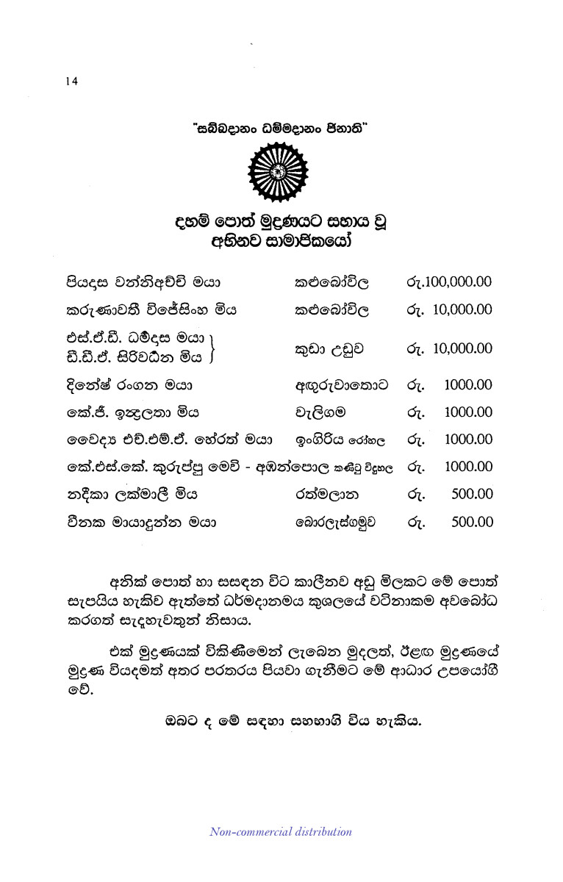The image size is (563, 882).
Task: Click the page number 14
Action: pyautogui.click(x=71, y=81)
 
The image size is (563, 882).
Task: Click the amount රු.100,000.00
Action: pyautogui.click(x=448, y=282)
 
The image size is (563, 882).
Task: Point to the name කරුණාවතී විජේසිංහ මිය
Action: pyautogui.click(x=151, y=309)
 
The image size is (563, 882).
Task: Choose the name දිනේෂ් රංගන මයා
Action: pyautogui.click(x=129, y=384)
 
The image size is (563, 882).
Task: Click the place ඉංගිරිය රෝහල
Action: pyautogui.click(x=340, y=440)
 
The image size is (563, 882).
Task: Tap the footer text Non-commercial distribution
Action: pyautogui.click(x=281, y=832)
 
